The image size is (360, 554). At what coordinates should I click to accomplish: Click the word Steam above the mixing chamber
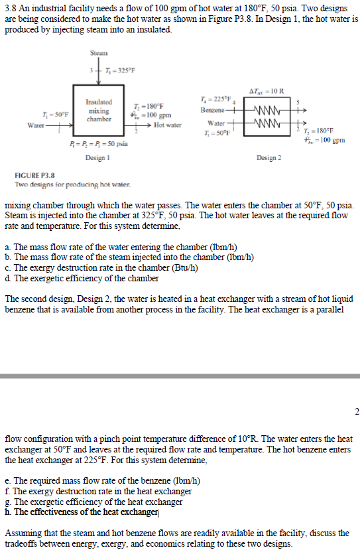[99, 52]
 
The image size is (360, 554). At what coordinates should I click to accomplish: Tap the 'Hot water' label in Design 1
[167, 125]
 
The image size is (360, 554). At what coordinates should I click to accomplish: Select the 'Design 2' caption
[269, 157]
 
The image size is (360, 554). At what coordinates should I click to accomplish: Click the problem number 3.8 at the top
[9, 6]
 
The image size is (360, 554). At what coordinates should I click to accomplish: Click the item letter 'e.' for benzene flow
[8, 480]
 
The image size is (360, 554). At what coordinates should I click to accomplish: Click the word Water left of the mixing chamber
[35, 125]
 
